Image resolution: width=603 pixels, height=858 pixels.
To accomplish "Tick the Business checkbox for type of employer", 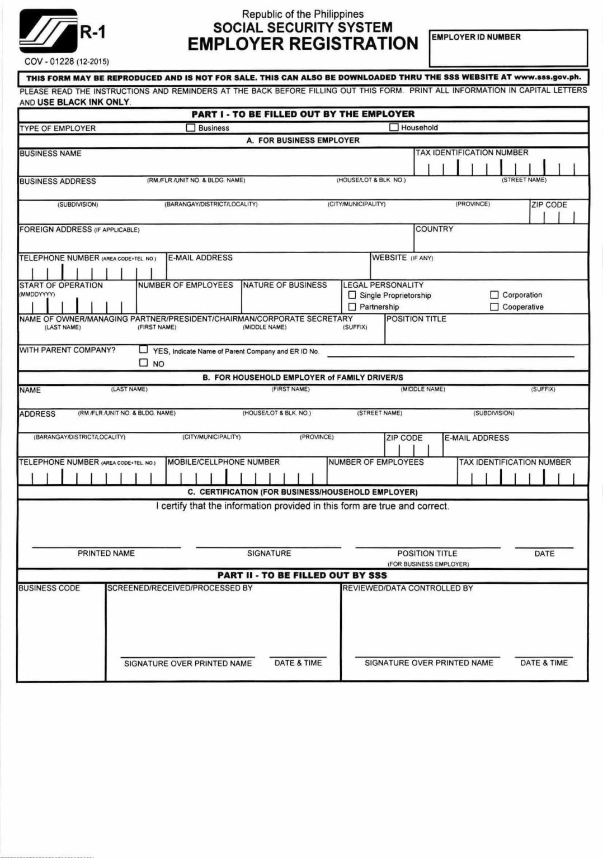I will (190, 127).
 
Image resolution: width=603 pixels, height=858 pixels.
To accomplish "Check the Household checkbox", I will (394, 127).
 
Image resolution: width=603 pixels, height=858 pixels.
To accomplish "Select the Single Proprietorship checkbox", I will (352, 295).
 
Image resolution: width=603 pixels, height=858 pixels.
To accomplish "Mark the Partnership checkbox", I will (352, 307).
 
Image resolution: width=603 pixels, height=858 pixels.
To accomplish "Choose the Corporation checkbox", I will (494, 294).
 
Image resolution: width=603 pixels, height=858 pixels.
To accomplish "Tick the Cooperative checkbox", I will (494, 307).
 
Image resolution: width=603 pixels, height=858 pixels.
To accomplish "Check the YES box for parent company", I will (143, 350).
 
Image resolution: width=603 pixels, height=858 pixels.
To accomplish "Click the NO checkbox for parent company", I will (143, 363).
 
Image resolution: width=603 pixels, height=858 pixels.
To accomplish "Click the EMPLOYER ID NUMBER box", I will (508, 48).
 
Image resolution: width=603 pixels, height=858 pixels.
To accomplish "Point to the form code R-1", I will (93, 33).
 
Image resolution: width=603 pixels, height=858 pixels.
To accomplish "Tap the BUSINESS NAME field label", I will (50, 154).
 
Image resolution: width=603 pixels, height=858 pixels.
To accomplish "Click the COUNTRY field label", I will (434, 229).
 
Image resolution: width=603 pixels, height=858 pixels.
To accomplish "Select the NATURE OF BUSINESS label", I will (285, 285).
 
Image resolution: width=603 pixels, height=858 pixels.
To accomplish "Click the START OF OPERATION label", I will (61, 285).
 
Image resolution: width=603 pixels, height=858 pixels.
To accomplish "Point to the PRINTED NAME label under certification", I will (106, 553).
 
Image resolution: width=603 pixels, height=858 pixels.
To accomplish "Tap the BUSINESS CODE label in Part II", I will (49, 588).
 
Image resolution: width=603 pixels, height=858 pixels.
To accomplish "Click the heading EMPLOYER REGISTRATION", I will (303, 44).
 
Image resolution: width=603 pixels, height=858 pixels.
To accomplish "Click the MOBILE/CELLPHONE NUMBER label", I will (224, 462).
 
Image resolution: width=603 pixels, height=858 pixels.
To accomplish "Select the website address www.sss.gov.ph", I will (547, 78).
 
